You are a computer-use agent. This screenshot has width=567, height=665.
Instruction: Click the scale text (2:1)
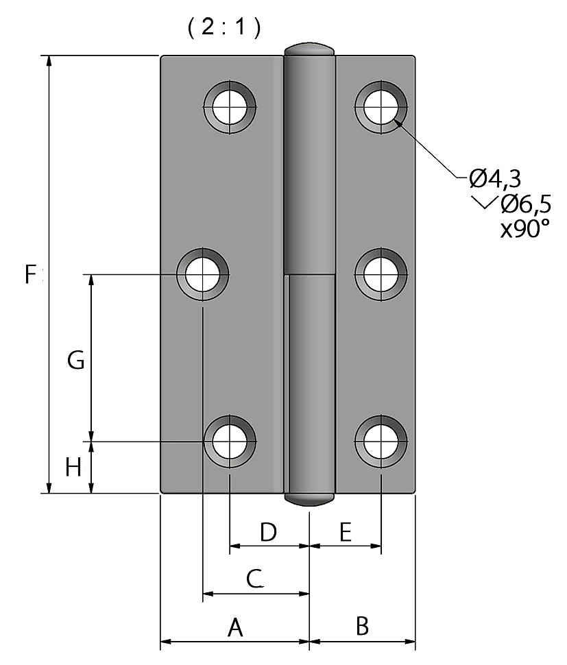(224, 27)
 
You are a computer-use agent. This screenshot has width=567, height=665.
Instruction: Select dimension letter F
(31, 274)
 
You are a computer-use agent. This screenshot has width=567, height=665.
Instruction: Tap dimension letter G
(76, 361)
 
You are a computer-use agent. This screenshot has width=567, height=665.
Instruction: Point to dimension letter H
(73, 468)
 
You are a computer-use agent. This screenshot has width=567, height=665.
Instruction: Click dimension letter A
(235, 628)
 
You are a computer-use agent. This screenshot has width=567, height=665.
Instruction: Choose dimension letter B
(362, 626)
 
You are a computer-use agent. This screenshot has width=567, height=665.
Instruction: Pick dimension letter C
(255, 579)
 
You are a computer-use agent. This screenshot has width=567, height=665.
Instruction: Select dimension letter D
(268, 532)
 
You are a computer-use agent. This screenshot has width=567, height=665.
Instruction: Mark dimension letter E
(346, 532)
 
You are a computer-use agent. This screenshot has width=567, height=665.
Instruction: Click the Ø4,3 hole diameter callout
(495, 178)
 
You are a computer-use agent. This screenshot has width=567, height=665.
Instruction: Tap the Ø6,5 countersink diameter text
(526, 204)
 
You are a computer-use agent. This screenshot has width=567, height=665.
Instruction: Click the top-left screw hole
(230, 107)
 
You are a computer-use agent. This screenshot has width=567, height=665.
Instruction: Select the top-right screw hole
(381, 107)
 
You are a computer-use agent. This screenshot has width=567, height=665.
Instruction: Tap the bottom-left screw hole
(230, 442)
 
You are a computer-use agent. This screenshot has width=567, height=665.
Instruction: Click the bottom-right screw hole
(381, 442)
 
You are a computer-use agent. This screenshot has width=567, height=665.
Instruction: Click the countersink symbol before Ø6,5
(483, 203)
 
